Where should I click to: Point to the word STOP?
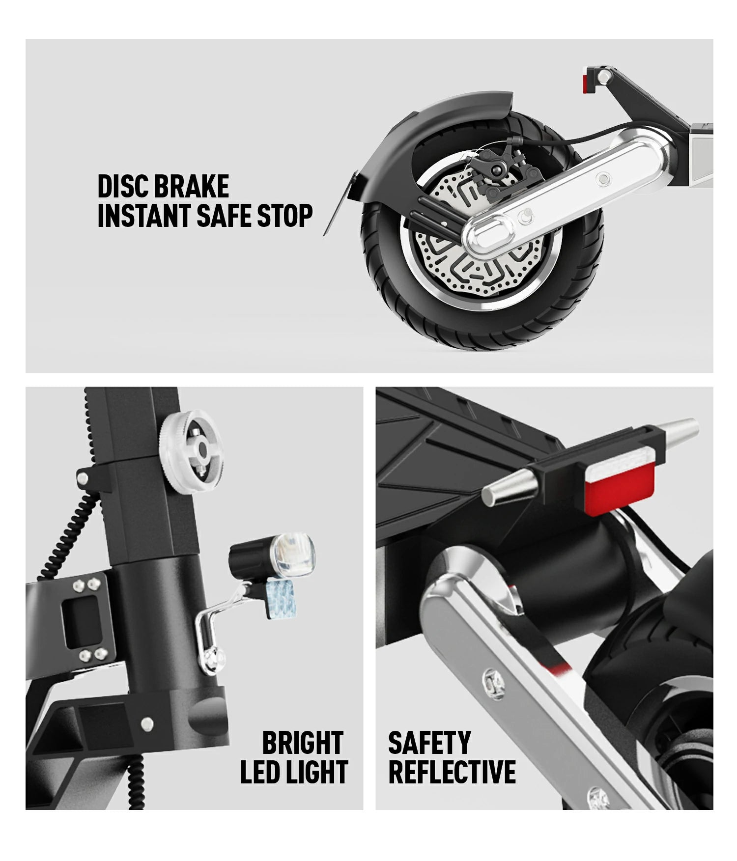click(x=285, y=216)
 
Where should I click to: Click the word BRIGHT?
click(x=302, y=743)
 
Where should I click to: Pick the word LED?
click(x=260, y=772)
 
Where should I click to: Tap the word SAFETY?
click(x=429, y=743)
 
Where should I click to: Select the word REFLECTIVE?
click(x=452, y=772)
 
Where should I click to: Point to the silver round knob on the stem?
click(x=191, y=451)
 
